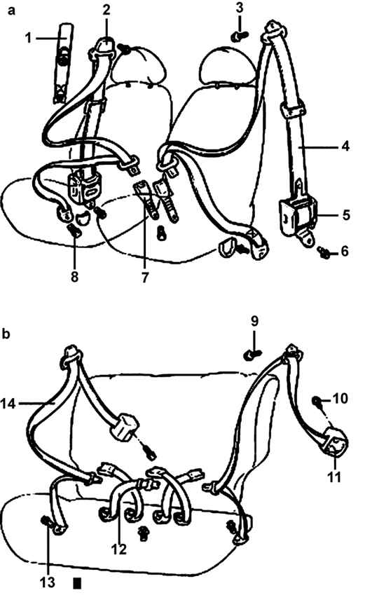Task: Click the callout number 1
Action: tap(28, 38)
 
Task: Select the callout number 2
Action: tap(106, 10)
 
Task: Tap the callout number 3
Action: tap(240, 8)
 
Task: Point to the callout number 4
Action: tap(345, 146)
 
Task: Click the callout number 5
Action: tap(345, 215)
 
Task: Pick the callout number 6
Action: tap(345, 251)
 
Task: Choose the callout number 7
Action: tap(144, 277)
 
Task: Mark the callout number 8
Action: tap(74, 277)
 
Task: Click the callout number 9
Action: tap(254, 322)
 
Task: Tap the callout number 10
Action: tap(340, 399)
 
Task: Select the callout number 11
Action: tap(334, 477)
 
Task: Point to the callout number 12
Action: tap(119, 549)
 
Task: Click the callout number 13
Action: tap(48, 582)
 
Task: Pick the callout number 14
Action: tap(8, 404)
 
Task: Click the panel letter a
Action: tap(11, 11)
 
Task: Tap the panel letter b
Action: tap(6, 334)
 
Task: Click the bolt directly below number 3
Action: tap(239, 36)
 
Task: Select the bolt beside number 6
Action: tap(324, 252)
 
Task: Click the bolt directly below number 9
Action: tap(252, 355)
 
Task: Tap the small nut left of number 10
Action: tap(316, 400)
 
